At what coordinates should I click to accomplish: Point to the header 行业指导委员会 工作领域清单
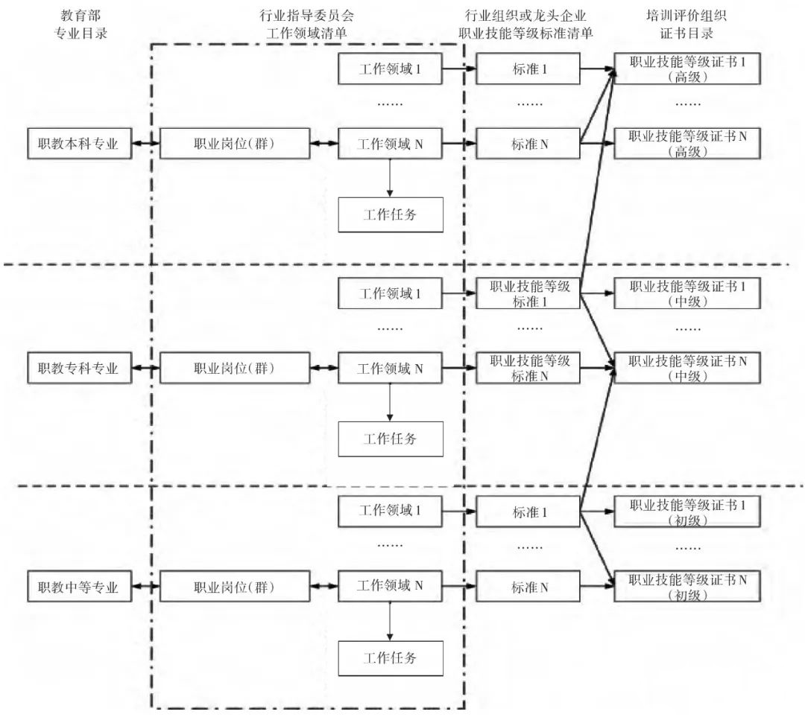[x=306, y=24]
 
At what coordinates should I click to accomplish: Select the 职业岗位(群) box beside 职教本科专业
[x=234, y=144]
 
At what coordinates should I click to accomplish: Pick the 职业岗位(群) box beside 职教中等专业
[x=234, y=587]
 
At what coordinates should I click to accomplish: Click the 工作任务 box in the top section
[x=391, y=215]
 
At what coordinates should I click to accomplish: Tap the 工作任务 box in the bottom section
[x=391, y=658]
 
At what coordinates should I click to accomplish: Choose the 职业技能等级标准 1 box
[x=529, y=293]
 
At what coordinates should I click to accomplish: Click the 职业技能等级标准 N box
[x=529, y=368]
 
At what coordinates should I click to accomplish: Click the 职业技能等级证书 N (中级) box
[x=687, y=368]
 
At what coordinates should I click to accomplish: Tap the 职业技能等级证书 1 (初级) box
[x=687, y=512]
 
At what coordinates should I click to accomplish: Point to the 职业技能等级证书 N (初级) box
[x=687, y=587]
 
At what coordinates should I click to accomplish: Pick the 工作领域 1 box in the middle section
[x=391, y=293]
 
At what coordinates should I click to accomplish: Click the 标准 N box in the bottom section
[x=529, y=587]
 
